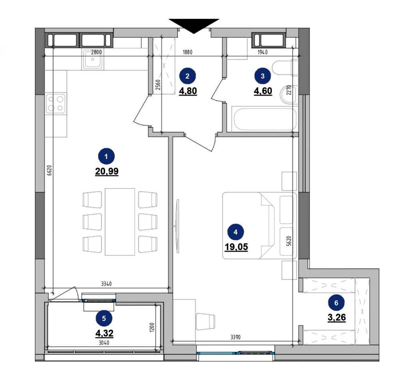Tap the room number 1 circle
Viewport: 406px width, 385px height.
106,157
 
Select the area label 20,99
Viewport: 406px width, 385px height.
107,171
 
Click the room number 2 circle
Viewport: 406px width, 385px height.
187,76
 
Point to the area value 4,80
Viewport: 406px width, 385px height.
188,91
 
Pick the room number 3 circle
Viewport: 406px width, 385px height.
263,76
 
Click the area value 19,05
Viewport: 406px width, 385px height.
236,247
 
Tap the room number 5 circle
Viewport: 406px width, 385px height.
104,319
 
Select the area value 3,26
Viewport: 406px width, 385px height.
337,318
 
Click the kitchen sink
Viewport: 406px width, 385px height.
93,59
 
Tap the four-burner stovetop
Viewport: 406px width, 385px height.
56,104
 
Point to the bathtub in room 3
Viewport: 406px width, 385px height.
265,119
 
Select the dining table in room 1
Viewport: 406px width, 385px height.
120,222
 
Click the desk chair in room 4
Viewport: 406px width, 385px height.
205,321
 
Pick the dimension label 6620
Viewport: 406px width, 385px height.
49,170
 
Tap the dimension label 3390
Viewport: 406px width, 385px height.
236,337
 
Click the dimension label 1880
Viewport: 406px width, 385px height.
187,52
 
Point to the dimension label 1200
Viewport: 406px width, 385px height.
152,327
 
